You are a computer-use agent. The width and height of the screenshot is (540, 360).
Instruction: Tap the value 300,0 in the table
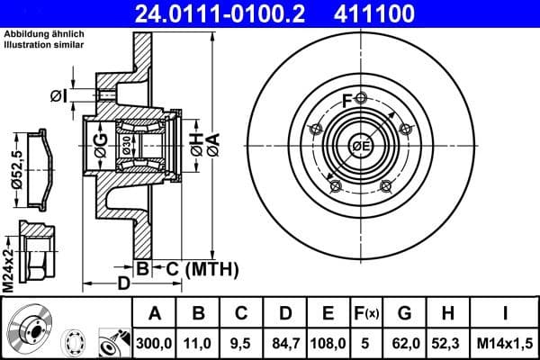point(154,343)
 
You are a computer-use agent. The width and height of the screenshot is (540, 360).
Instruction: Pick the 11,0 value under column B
point(200,343)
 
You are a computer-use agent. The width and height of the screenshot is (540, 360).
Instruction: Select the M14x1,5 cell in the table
point(504,343)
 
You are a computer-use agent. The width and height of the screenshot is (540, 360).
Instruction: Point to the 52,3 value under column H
point(448,343)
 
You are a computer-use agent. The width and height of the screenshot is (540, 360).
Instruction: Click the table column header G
point(405,314)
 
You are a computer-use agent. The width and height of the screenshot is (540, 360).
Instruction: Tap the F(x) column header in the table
point(367,314)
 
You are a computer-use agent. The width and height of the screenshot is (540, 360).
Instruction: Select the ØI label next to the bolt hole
point(58,96)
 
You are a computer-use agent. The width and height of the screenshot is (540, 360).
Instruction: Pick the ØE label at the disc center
point(361,147)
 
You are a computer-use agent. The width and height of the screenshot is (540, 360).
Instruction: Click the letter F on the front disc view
point(347,99)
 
